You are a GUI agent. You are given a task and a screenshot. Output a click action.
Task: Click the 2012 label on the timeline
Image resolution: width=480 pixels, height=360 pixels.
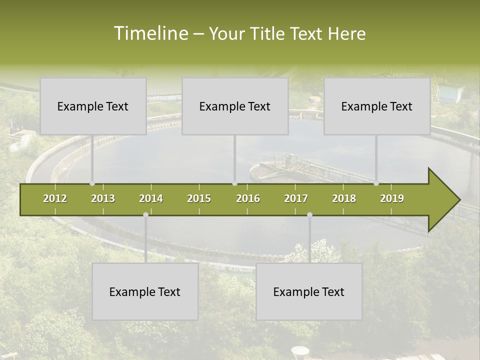tap(55, 198)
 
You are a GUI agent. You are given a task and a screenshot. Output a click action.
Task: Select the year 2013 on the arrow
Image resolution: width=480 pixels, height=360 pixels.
tap(103, 198)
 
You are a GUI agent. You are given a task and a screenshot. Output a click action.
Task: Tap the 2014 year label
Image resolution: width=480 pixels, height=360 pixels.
tap(151, 198)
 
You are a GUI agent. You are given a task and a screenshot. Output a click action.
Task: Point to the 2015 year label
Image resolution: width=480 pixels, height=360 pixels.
tap(199, 198)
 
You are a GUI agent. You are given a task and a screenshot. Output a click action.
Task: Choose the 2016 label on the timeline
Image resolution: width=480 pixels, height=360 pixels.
tap(248, 198)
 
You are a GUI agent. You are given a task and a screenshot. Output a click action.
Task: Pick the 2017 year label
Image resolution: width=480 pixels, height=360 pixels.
tap(296, 198)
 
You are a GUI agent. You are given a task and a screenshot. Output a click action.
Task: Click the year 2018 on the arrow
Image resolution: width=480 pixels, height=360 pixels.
tap(344, 198)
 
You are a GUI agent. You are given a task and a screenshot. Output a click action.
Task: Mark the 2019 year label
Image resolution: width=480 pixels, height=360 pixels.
tap(392, 198)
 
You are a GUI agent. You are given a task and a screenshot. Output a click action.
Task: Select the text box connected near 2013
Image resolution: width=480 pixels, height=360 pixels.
tap(93, 106)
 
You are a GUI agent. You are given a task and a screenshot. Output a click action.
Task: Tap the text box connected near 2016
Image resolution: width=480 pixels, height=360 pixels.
tap(235, 106)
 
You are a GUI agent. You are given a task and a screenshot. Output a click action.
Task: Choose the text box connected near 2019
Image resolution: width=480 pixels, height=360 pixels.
tap(377, 106)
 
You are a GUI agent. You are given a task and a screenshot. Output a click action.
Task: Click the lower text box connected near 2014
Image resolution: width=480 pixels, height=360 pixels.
tap(145, 291)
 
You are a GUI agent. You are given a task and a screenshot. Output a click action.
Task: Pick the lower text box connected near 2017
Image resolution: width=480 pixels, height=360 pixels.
tap(309, 291)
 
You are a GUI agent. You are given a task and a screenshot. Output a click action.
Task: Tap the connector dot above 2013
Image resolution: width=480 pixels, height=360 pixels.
tap(92, 183)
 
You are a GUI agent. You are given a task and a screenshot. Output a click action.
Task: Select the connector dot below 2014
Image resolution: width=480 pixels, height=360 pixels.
tap(145, 215)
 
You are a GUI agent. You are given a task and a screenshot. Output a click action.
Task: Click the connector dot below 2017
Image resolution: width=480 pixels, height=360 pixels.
tap(309, 215)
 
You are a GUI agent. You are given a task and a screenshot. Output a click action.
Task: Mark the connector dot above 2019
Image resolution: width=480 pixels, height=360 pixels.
tap(376, 183)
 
